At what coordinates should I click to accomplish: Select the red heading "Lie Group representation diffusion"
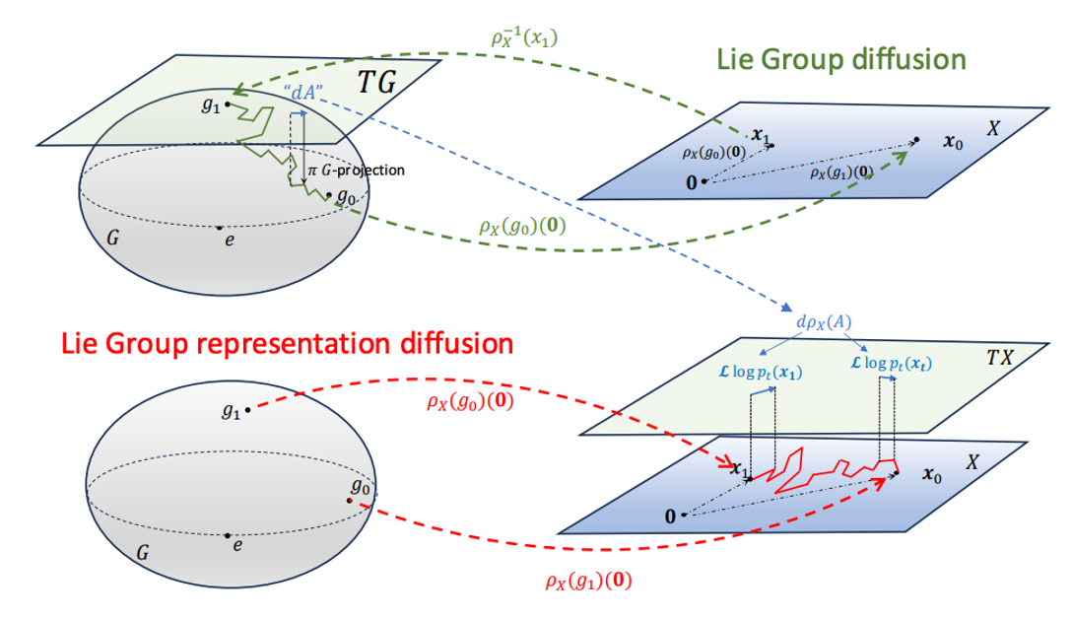(x=287, y=345)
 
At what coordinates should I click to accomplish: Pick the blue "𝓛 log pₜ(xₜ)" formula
(x=888, y=365)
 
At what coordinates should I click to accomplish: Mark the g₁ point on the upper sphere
(x=228, y=103)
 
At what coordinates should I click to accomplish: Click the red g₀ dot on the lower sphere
(x=350, y=501)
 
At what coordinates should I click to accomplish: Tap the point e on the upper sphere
(x=221, y=228)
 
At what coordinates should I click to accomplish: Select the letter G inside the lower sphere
(x=143, y=555)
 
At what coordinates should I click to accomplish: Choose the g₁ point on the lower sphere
(x=247, y=410)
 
